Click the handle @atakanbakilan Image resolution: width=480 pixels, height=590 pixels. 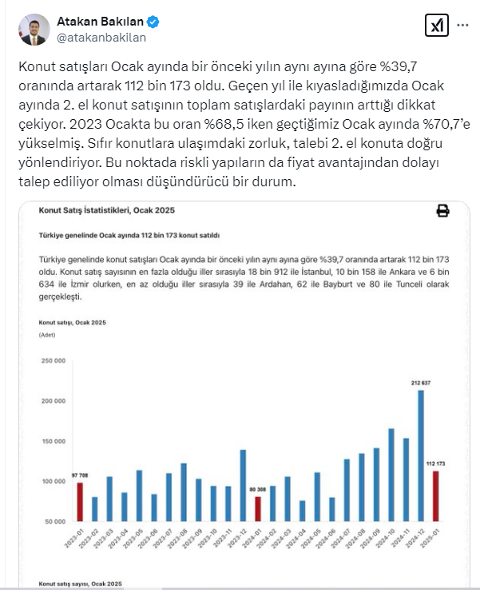tap(101, 37)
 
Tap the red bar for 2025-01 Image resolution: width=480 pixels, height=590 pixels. tap(435, 496)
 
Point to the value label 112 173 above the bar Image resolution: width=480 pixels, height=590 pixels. tap(435, 464)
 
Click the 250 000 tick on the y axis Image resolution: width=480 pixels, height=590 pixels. tap(54, 361)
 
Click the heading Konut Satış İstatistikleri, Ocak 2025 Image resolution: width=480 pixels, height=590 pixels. tap(106, 210)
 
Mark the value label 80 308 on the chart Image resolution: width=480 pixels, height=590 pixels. tap(256, 490)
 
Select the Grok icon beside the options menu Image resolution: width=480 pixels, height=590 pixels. tap(435, 27)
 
